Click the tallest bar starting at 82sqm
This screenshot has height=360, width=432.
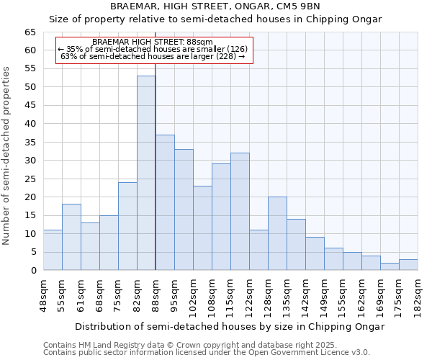point(146,173)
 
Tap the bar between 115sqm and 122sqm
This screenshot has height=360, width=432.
point(240,212)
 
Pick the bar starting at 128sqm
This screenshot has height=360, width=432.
point(277,233)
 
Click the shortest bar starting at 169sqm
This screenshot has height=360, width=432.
point(390,266)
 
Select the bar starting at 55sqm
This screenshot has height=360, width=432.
point(71,237)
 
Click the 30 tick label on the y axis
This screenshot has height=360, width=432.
point(30,161)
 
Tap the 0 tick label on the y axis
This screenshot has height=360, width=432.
point(32,271)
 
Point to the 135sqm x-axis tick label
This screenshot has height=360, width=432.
point(287,295)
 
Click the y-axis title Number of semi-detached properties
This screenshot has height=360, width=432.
point(6,156)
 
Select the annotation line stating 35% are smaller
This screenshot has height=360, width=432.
point(153,49)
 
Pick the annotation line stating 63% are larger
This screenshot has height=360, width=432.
point(153,56)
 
